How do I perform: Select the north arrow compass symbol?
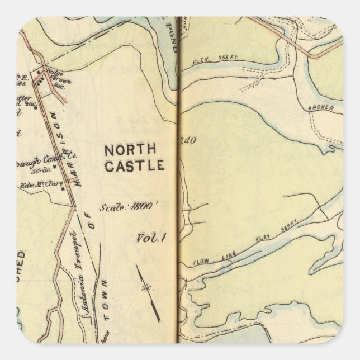pyautogui.click(x=148, y=288)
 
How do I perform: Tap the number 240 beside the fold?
pyautogui.click(x=187, y=141)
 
